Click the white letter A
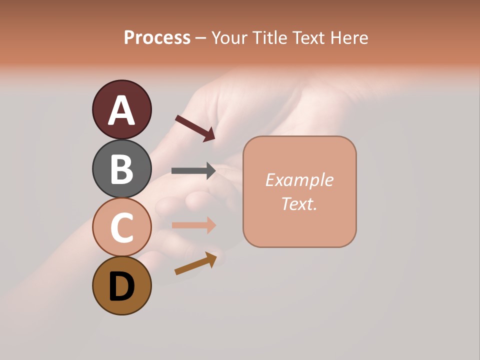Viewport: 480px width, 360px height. coord(121,110)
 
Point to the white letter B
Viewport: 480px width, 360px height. coord(121,169)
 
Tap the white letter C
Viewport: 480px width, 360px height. coord(121,227)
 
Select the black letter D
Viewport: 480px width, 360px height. coord(121,286)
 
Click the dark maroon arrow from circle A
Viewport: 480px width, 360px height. coord(195,127)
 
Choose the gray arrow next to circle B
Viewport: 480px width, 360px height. coord(193,171)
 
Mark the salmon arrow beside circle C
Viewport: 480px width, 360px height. coord(193,225)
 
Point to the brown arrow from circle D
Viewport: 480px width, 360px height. coord(195,263)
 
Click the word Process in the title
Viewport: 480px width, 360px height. coord(157,38)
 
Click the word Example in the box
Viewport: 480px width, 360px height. coord(299,180)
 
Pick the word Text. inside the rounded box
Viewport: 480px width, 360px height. coord(299,204)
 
